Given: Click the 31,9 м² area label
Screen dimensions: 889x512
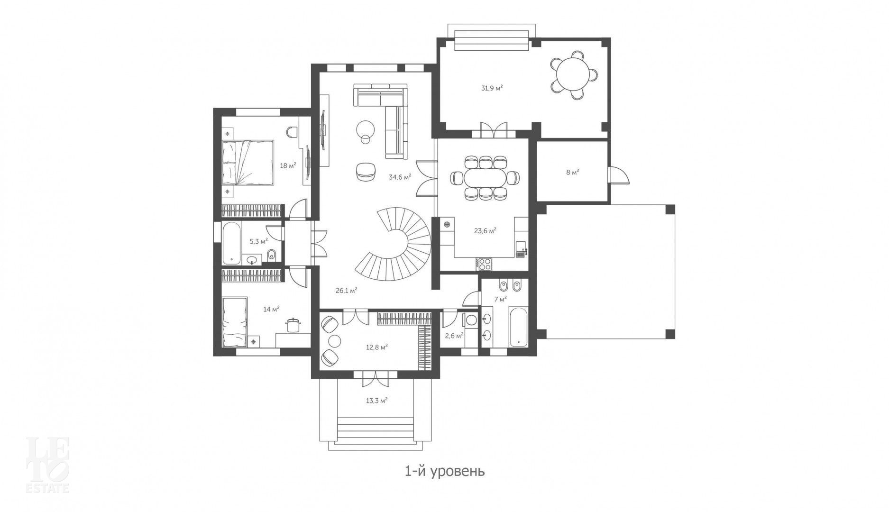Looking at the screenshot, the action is tap(492, 88).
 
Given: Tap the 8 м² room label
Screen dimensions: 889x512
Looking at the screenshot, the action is tap(572, 173).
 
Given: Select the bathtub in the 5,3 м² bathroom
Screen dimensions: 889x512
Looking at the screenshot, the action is tap(231, 242).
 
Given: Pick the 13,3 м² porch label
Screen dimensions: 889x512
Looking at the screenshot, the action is tap(377, 401).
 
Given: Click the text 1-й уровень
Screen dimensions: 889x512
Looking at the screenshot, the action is tap(444, 472).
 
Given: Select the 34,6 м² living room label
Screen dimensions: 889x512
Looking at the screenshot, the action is tap(400, 177).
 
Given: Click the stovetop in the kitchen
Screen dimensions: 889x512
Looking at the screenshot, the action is tap(485, 264).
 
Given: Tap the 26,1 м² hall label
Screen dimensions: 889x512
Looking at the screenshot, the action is tap(346, 291).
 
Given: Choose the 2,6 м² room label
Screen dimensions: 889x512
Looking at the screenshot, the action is tap(454, 336).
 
